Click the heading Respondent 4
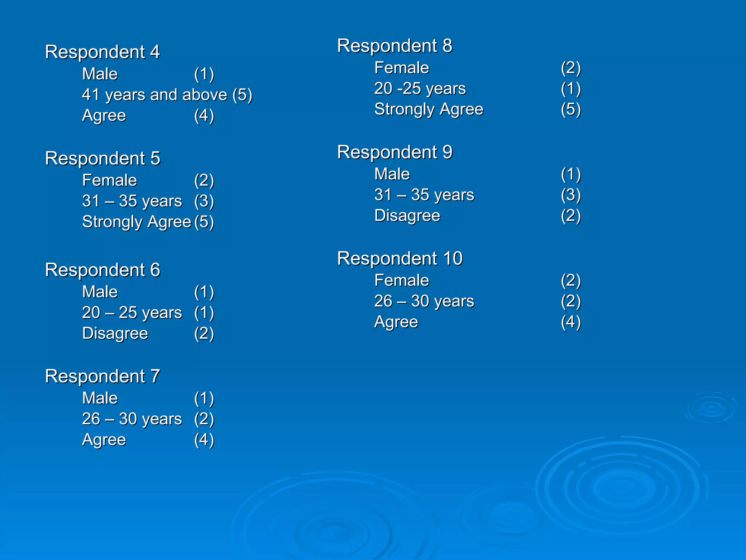(102, 52)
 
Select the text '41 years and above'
(154, 95)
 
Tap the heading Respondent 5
(102, 159)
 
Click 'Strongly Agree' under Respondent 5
(137, 222)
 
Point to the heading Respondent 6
(102, 270)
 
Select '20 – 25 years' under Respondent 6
(132, 313)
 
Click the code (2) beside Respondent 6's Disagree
(204, 334)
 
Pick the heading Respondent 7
(102, 376)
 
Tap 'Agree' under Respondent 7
(104, 440)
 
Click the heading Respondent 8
(394, 46)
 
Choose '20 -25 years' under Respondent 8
(420, 89)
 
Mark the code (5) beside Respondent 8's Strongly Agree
(571, 109)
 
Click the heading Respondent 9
(394, 152)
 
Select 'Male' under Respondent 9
(392, 174)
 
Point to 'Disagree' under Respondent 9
(407, 215)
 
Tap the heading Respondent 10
(400, 258)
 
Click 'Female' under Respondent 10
(402, 280)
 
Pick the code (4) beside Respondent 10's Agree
(571, 322)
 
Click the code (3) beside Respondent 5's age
(204, 201)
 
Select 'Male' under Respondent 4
(100, 74)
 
